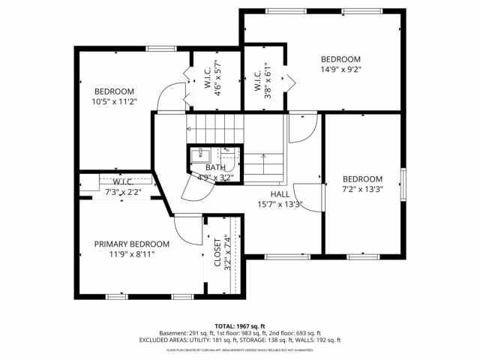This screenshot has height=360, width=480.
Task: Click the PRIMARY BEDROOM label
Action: coord(131,244)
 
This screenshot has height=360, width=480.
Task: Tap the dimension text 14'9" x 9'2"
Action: coord(340,70)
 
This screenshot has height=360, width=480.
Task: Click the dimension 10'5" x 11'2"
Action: coord(113,101)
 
